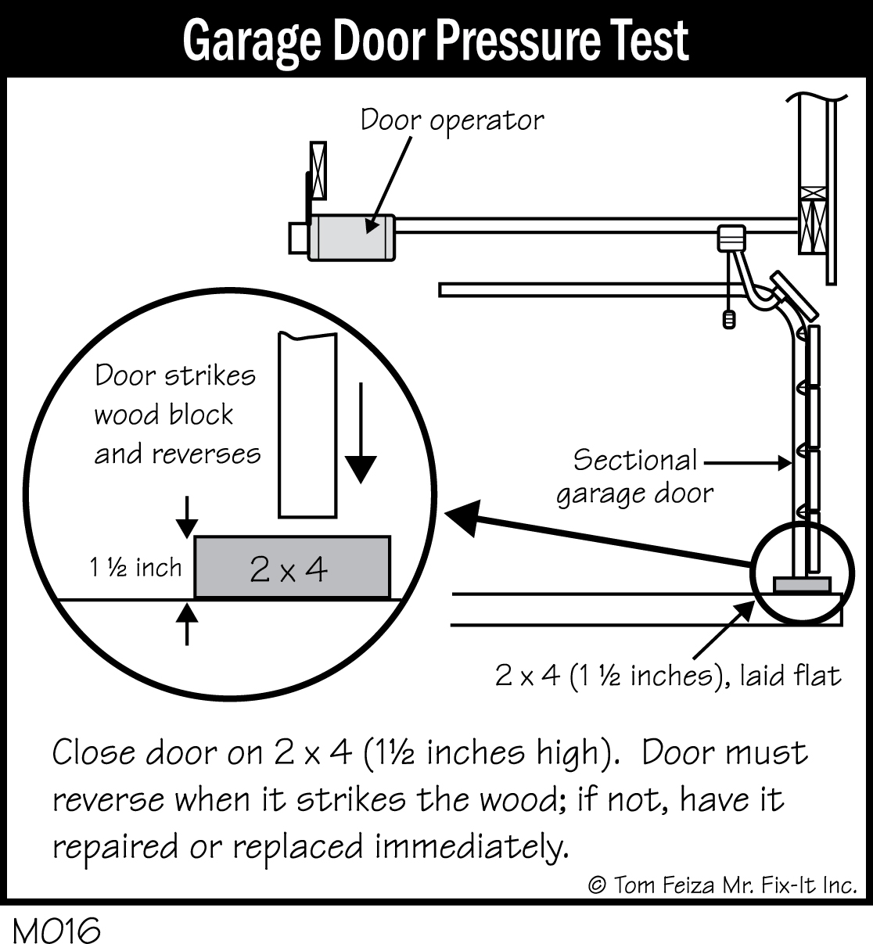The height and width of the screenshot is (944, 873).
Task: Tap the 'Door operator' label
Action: pyautogui.click(x=451, y=121)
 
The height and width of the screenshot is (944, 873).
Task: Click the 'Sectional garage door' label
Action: pyautogui.click(x=635, y=476)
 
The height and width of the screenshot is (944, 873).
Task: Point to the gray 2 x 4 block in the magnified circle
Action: pyautogui.click(x=292, y=568)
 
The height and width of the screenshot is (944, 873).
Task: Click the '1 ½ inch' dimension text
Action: pyautogui.click(x=135, y=567)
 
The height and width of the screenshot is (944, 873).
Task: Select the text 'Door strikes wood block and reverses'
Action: pyautogui.click(x=177, y=415)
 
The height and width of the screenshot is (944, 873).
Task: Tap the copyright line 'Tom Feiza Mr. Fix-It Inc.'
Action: pyautogui.click(x=722, y=885)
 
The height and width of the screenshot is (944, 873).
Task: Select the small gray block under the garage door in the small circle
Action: pyautogui.click(x=800, y=584)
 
